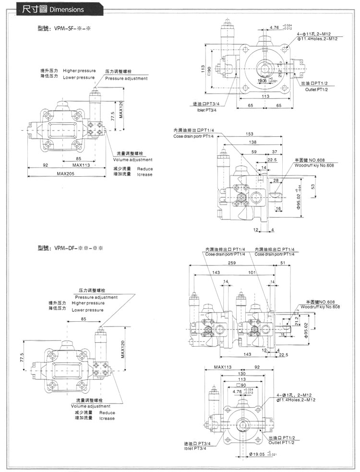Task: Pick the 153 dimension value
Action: (x=249, y=134)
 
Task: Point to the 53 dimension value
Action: (x=313, y=187)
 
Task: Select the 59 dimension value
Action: (x=254, y=152)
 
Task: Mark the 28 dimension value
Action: (x=275, y=181)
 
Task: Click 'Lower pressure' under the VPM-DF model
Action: (x=88, y=310)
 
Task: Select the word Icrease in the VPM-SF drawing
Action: (x=144, y=174)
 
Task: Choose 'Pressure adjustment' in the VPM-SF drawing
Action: (x=126, y=78)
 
